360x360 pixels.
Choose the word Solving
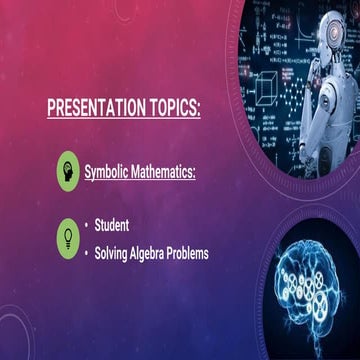[x=115, y=254]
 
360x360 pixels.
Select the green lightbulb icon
[x=68, y=237]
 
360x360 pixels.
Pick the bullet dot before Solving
[x=87, y=254]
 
